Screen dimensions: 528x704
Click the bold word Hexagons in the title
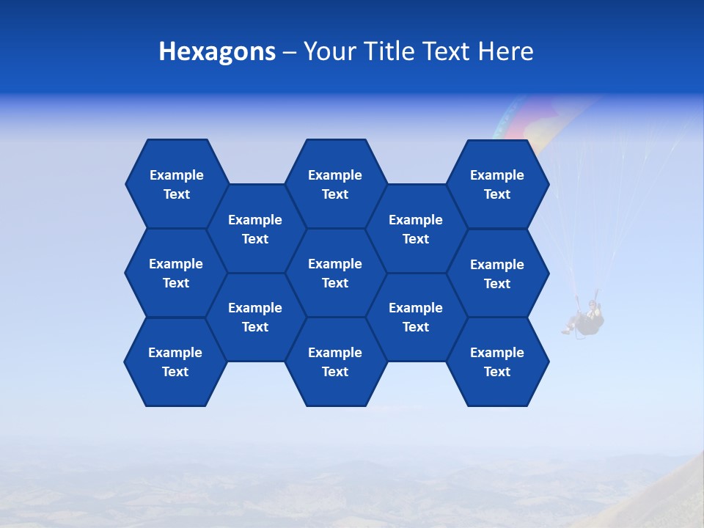pos(217,52)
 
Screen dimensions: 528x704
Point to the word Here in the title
pos(506,52)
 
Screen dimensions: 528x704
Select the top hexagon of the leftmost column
pos(177,184)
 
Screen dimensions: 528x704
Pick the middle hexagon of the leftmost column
pos(176,273)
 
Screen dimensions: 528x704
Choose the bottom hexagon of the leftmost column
pos(175,362)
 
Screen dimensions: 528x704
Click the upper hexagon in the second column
pos(255,229)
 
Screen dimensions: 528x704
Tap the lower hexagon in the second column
pos(255,317)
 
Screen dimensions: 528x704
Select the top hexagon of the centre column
pos(335,184)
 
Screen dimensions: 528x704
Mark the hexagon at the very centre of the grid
pos(335,273)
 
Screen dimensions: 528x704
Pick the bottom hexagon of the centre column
pos(335,362)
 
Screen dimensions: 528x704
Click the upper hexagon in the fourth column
pos(416,229)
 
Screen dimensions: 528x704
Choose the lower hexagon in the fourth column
pos(416,317)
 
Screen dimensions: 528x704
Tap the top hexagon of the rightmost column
pos(497,184)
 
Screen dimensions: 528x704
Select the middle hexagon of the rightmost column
pos(497,274)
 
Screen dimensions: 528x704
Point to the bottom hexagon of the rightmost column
pos(497,362)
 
